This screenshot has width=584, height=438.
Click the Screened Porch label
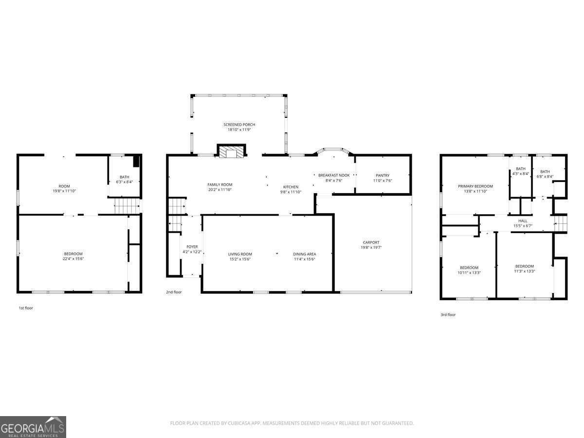point(239,125)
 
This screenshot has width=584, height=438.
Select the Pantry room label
point(383,175)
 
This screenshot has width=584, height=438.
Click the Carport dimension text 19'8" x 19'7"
point(371,248)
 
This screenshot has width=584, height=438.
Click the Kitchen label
point(291,187)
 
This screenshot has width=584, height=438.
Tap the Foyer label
point(192,247)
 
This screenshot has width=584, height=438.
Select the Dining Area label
point(304,254)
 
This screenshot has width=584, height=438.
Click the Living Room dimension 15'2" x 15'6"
point(240,259)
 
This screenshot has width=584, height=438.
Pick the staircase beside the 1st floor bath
point(127,206)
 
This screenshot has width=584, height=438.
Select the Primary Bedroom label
point(475,186)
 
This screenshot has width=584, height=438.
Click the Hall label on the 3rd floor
point(523,220)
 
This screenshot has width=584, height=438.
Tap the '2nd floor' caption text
point(174,292)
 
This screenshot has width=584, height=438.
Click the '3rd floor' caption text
point(448,315)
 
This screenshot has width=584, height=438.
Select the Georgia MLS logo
point(33,427)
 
